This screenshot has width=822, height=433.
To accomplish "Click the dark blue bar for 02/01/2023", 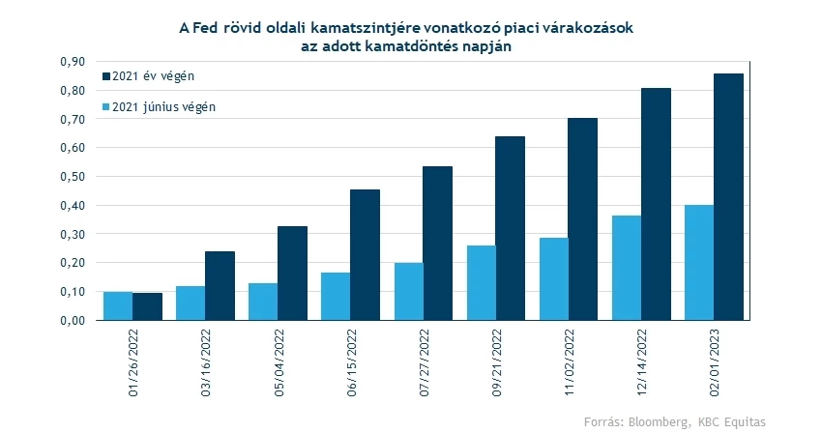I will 728,197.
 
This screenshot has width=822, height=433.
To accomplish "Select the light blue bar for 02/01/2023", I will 698,262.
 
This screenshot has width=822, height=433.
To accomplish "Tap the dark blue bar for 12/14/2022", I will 656,204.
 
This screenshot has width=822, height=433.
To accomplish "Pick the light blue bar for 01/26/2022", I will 117,305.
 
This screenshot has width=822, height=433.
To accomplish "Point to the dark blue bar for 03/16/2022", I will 220,285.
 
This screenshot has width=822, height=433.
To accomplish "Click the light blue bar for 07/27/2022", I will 408,291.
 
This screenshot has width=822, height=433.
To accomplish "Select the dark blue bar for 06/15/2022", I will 365,254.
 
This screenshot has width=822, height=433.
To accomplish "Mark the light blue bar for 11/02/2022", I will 553,278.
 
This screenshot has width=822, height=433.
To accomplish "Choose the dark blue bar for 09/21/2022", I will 510,228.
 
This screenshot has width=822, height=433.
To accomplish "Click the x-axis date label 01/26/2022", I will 132,360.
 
